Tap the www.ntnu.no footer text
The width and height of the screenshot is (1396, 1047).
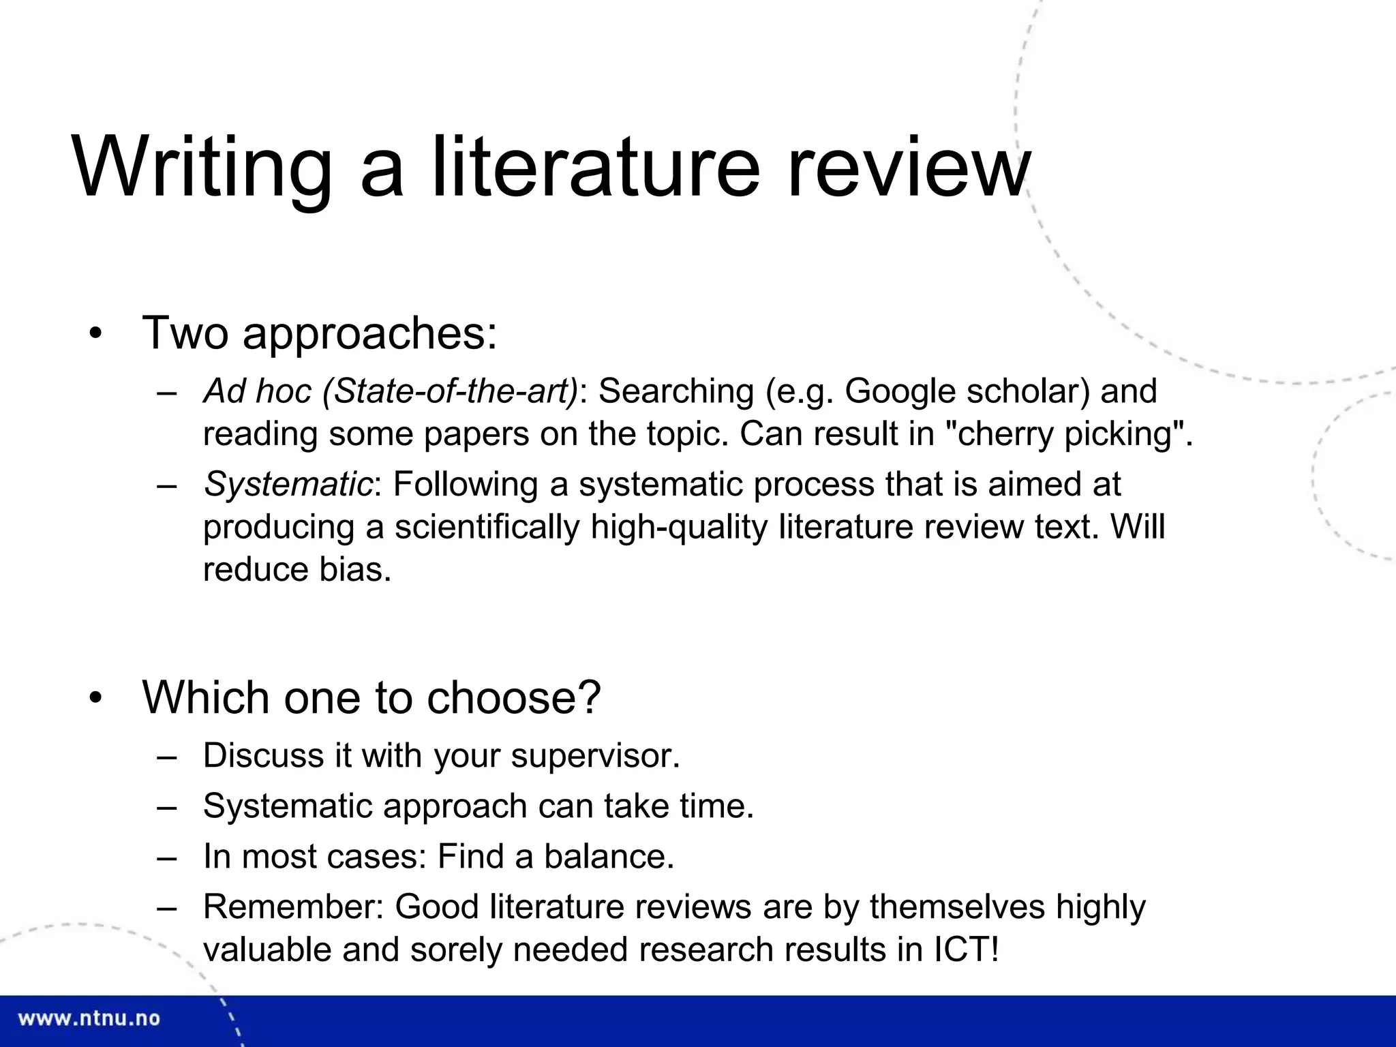point(89,1019)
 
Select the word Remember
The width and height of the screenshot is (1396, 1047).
point(293,907)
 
